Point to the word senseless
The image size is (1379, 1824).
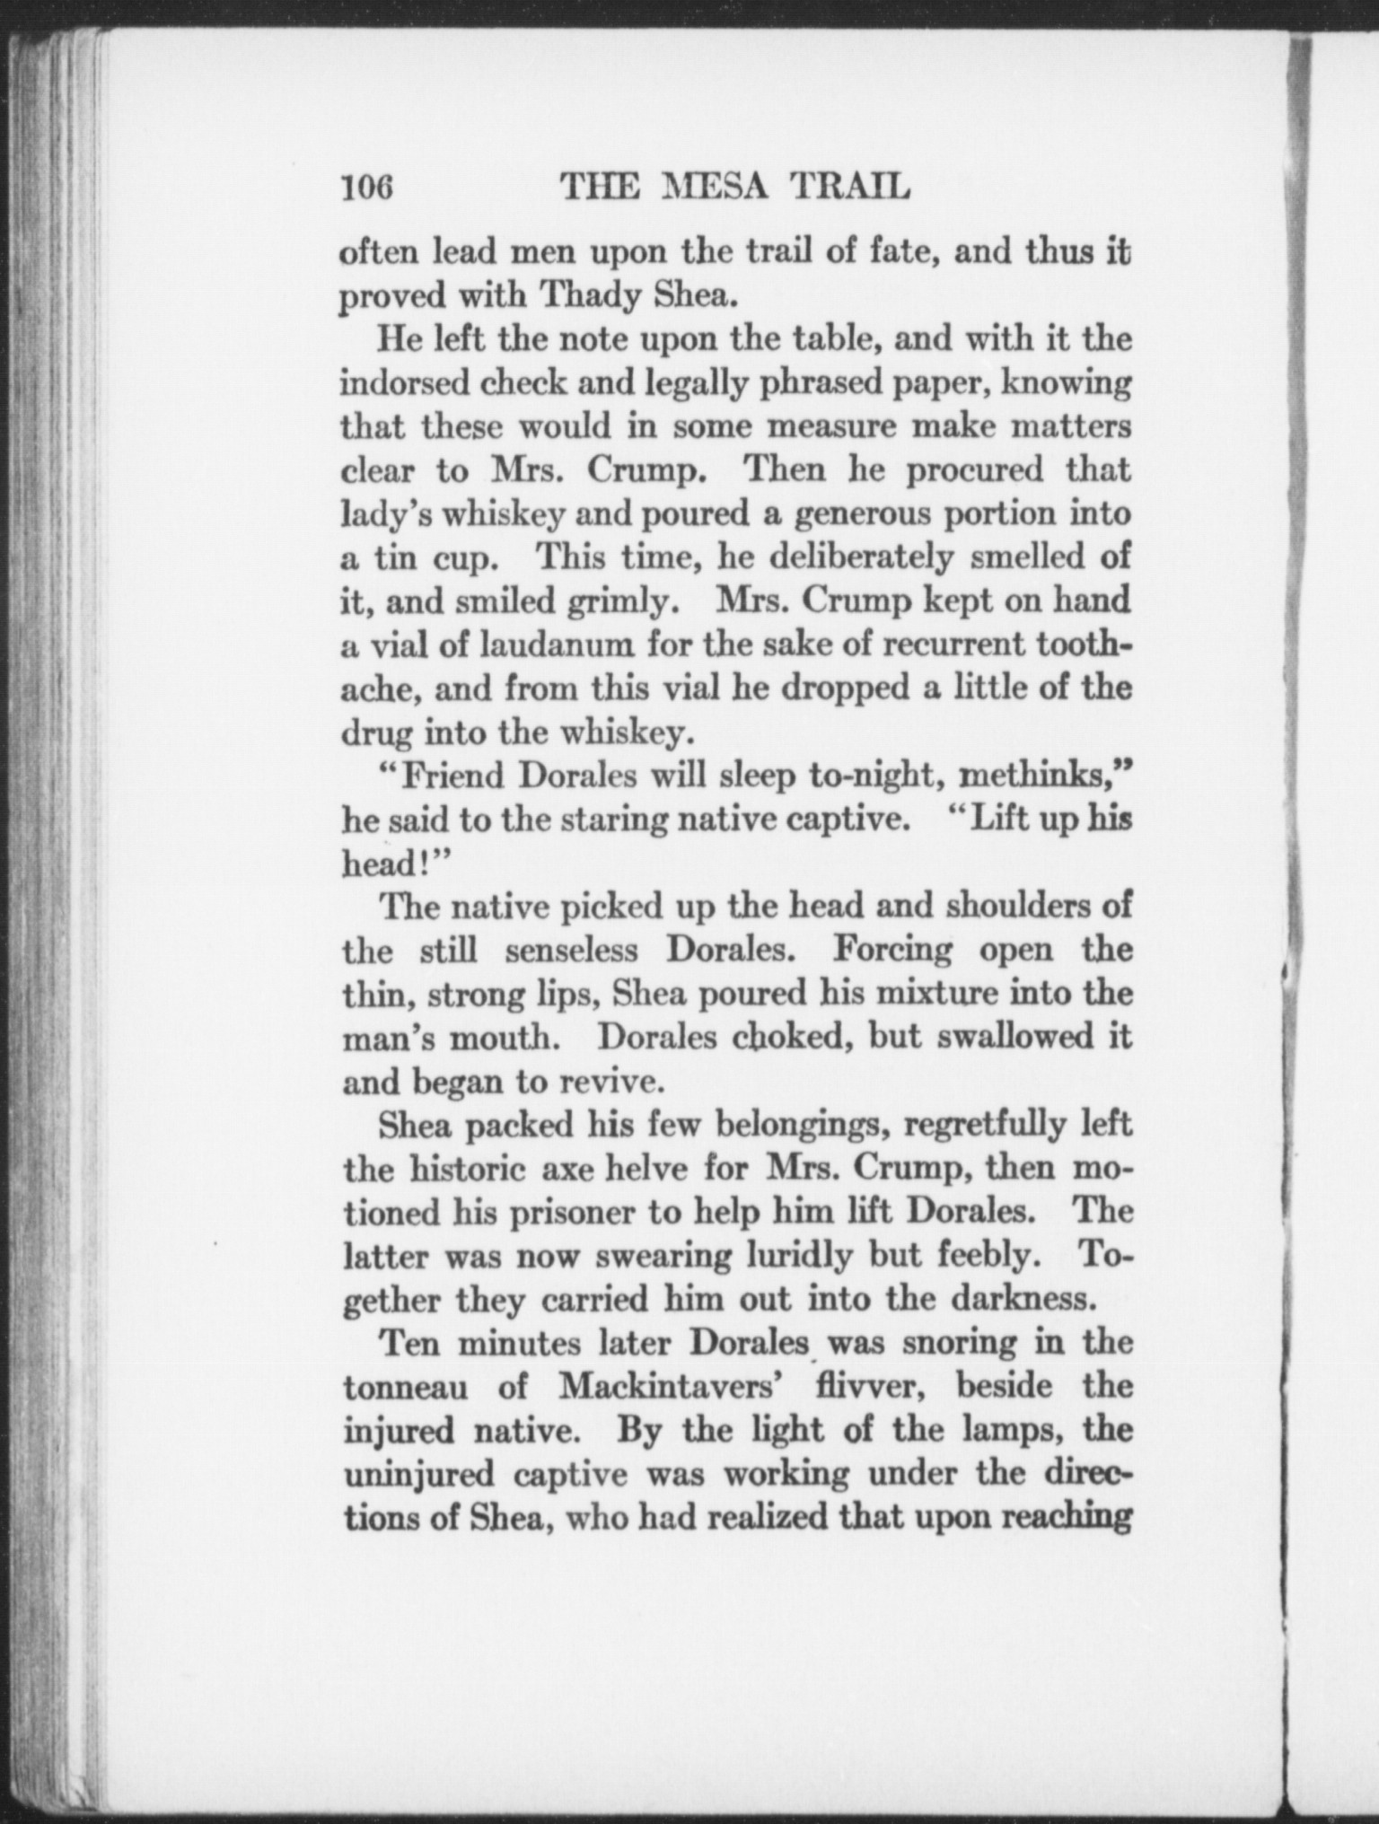572,950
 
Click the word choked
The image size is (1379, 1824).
785,1038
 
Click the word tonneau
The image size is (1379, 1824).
410,1388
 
